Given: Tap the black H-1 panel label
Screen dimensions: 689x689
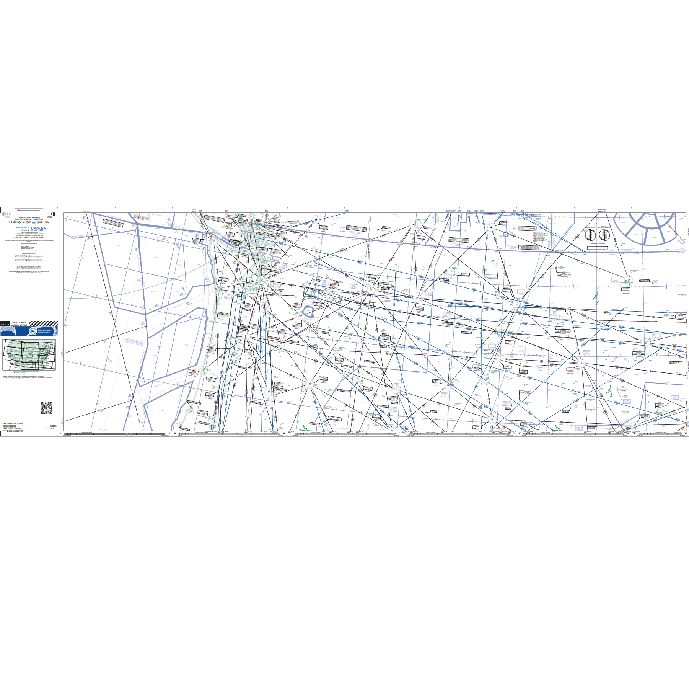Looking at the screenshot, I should (x=49, y=214).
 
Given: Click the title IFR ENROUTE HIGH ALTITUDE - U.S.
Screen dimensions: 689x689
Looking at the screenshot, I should (x=29, y=222).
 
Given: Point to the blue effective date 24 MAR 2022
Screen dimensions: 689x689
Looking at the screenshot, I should (x=38, y=227).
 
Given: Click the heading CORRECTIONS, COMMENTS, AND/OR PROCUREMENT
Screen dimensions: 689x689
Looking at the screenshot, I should (x=29, y=237).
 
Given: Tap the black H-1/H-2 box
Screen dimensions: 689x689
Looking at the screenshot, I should (x=5, y=324).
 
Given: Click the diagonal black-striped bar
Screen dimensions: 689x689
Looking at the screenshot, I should (x=43, y=323).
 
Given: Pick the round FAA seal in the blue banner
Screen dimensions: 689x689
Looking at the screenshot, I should (x=33, y=331).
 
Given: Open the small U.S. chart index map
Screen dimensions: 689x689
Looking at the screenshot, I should (x=29, y=354).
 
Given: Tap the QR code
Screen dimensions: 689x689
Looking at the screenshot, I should (x=46, y=408).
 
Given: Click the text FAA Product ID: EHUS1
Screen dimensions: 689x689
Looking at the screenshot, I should (x=10, y=424).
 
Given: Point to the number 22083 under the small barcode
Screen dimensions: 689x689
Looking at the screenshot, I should (x=53, y=428).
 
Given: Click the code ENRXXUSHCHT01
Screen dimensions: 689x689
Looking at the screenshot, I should (x=15, y=431).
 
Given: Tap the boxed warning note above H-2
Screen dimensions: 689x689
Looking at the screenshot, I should (x=29, y=210).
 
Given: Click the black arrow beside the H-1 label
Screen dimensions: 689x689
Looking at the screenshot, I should (x=55, y=214).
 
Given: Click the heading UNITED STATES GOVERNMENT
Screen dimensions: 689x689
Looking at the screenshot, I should (x=29, y=217).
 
